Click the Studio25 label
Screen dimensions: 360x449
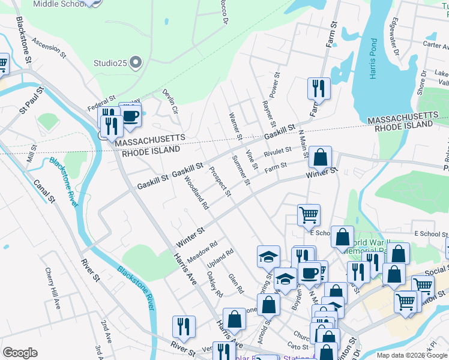[111, 62]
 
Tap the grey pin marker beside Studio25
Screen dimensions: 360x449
[136, 61]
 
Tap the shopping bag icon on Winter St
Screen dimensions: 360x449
[321, 158]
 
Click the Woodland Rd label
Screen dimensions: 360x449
[196, 193]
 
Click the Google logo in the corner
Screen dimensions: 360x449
[20, 353]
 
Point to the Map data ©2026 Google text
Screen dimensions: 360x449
[412, 355]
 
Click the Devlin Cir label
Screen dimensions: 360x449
[170, 101]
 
